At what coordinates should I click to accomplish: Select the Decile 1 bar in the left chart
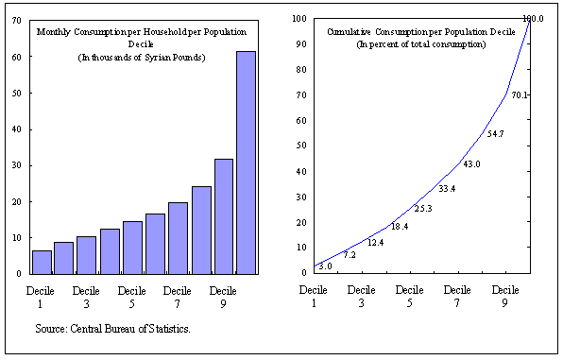coord(42,262)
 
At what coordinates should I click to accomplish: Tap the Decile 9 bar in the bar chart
coord(223,216)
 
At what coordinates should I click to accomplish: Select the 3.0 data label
coord(325,266)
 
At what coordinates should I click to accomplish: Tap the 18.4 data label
coord(400,227)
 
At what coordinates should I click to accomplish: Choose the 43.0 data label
coord(470,164)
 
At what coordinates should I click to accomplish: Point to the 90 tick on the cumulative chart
coord(299,43)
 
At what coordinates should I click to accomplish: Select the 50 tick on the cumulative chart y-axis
coord(299,146)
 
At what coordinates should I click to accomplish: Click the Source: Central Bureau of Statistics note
coord(112,328)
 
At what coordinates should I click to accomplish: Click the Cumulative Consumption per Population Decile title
coord(420,32)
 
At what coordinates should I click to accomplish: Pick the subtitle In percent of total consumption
coord(420,45)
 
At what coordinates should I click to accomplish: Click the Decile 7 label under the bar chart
coord(178,297)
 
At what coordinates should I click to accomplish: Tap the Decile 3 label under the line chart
coord(361,297)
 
